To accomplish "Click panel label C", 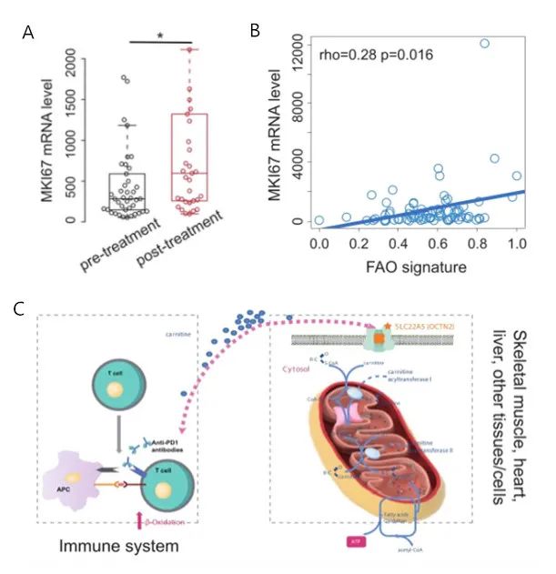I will coord(19,307).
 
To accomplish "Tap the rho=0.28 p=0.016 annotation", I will coord(374,55).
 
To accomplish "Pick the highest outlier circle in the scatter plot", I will coord(484,43).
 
